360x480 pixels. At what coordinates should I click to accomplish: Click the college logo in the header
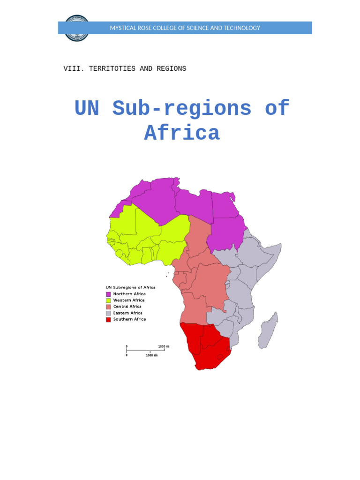[x=76, y=28]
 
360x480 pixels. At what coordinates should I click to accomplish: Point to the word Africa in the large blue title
[x=182, y=133]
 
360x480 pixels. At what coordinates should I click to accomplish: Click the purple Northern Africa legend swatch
[x=108, y=294]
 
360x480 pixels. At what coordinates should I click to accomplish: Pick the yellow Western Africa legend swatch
[x=108, y=300]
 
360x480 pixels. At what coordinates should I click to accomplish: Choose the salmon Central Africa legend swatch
[x=108, y=307]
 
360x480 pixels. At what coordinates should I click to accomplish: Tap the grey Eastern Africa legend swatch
[x=108, y=313]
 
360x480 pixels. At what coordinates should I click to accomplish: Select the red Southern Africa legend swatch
[x=108, y=319]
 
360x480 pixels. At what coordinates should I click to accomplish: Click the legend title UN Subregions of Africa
[x=130, y=287]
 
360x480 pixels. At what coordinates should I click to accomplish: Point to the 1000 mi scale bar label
[x=164, y=346]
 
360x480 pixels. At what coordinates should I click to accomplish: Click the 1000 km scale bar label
[x=151, y=355]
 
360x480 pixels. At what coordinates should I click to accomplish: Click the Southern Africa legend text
[x=129, y=319]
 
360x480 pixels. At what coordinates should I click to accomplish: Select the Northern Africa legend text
[x=129, y=294]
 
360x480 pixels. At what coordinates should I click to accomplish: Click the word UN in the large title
[x=87, y=109]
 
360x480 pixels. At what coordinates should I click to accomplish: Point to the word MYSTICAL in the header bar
[x=122, y=28]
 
